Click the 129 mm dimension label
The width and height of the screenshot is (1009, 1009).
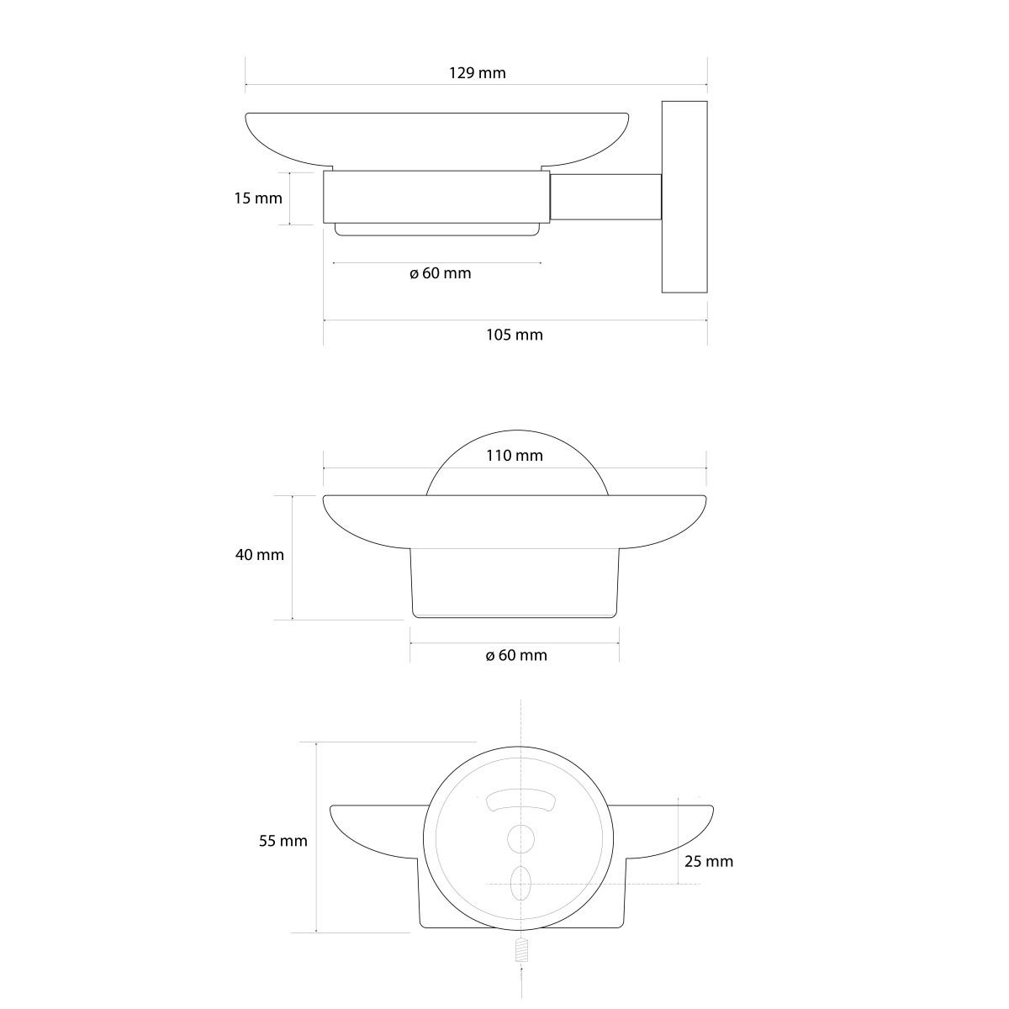click(x=477, y=73)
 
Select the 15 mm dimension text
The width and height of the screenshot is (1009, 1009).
click(x=258, y=198)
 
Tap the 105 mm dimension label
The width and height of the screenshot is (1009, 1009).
click(x=515, y=335)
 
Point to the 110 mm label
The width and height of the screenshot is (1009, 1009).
click(x=515, y=456)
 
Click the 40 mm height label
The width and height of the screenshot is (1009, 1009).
click(x=260, y=554)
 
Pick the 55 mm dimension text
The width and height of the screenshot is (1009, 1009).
click(x=283, y=841)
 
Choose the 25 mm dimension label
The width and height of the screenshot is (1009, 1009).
click(x=709, y=861)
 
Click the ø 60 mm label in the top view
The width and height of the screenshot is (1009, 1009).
click(x=441, y=273)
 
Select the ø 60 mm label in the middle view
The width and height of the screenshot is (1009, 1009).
click(x=516, y=656)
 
